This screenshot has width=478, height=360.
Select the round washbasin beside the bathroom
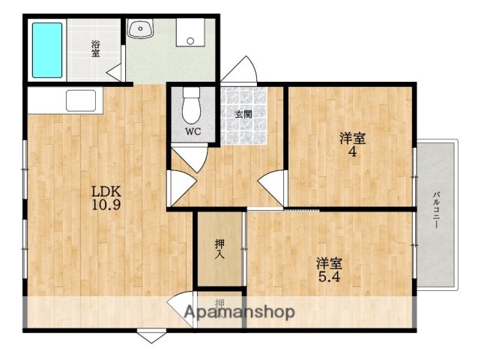tap(139, 29)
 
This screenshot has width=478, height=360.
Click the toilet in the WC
tap(192, 106)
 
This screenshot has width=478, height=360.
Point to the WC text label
tap(193, 132)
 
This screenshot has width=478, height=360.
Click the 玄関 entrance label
tap(243, 115)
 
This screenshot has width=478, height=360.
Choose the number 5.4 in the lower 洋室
tap(329, 277)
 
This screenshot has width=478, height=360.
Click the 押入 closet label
tap(220, 249)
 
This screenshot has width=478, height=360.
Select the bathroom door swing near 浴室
tap(115, 73)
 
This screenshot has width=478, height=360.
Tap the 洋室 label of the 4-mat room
tap(351, 138)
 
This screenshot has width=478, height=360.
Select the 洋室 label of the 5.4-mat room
tap(329, 263)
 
